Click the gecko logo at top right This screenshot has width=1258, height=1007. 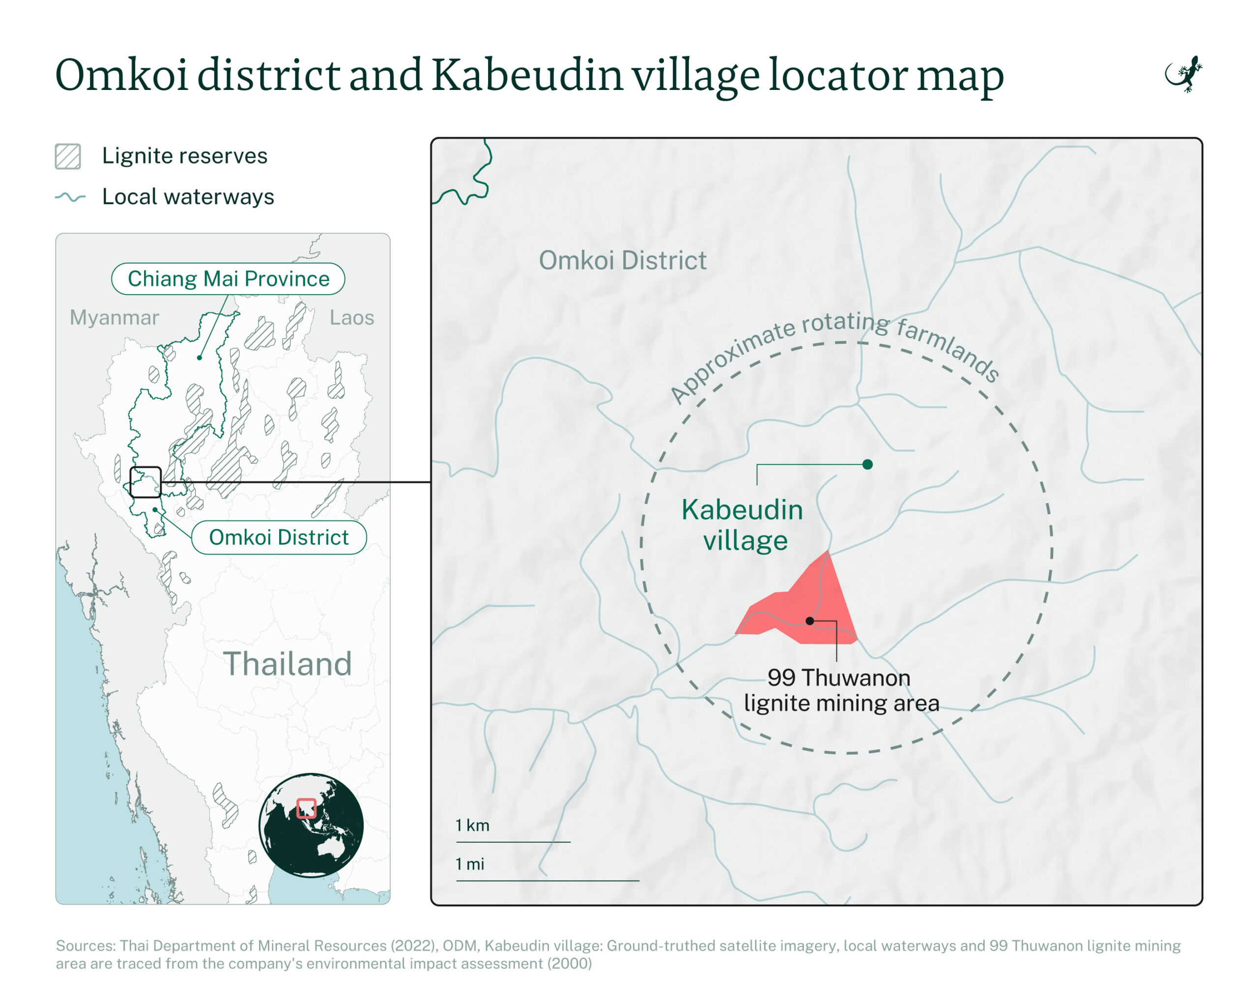coord(1184,74)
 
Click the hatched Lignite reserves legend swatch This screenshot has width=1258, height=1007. coord(68,156)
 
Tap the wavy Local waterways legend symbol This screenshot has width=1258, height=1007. coord(70,197)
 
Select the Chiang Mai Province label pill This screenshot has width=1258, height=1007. coord(228,279)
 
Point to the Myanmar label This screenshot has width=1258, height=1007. coord(114,318)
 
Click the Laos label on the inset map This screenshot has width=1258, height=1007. coord(352,318)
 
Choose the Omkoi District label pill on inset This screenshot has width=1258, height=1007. coord(279,537)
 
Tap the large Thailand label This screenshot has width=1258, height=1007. coord(287,664)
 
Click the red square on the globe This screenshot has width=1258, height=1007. coord(306,808)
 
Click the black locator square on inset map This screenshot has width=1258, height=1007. coord(145,482)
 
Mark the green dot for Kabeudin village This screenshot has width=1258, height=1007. coord(868,464)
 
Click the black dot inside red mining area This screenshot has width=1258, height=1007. coord(810,621)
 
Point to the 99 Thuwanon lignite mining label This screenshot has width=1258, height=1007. coord(841,690)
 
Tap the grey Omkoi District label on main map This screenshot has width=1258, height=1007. coord(623,261)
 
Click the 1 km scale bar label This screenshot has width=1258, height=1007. coord(473,826)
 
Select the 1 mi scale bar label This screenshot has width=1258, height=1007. coord(470,864)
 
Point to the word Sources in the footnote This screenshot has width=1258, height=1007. coord(85,946)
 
